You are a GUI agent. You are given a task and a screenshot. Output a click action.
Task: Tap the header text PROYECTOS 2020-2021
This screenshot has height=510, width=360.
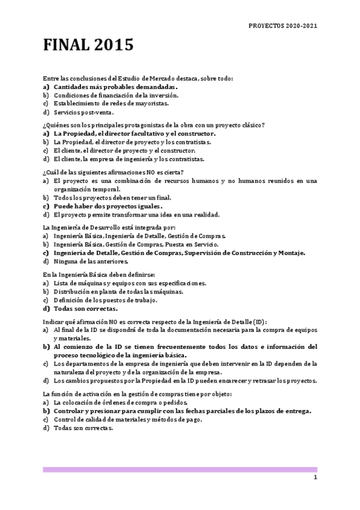click(282, 26)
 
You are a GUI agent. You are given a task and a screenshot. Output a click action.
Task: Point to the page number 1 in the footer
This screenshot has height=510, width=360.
click(314, 477)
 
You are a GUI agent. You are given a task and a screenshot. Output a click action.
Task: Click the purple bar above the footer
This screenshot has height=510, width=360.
click(180, 469)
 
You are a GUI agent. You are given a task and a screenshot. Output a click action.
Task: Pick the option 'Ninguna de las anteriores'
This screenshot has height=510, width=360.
click(90, 261)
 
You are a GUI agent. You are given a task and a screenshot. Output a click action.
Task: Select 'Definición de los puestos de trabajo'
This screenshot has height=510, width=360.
click(105, 300)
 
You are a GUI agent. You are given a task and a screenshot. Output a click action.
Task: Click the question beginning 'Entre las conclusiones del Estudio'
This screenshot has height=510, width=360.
click(138, 78)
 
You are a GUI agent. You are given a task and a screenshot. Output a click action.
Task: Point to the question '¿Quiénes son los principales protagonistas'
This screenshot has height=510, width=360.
click(153, 125)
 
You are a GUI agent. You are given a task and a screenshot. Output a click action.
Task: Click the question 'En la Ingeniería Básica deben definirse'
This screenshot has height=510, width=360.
click(99, 274)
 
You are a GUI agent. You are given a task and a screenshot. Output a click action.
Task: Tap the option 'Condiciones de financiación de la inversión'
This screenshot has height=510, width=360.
click(115, 95)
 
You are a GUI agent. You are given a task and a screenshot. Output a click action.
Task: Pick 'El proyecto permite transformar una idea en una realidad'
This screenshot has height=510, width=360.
click(136, 214)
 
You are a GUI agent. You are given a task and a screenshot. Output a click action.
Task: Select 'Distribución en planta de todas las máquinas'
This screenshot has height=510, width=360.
click(118, 291)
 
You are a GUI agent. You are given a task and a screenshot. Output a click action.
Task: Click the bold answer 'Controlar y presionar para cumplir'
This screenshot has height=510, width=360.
click(182, 411)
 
